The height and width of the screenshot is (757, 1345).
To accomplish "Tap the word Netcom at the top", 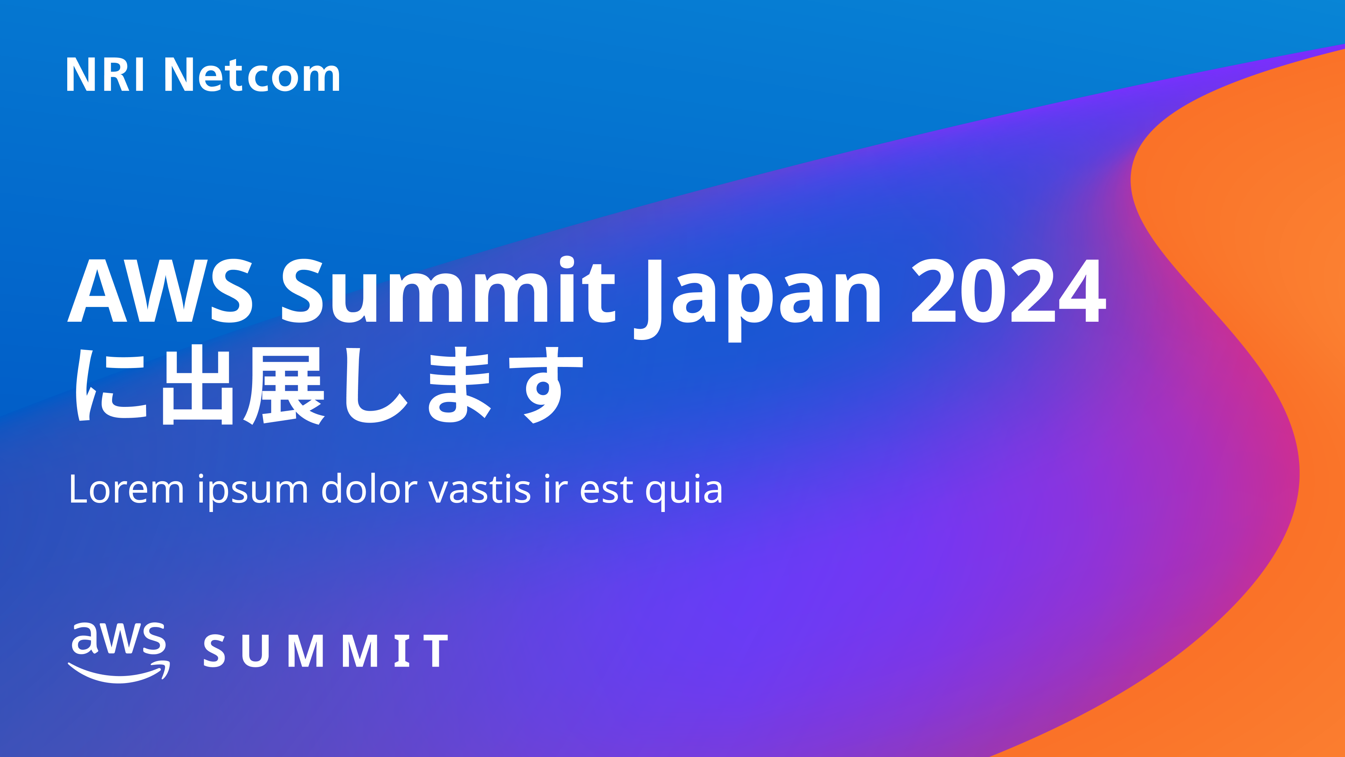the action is [x=252, y=75].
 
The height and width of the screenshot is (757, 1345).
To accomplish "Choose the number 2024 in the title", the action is [x=1009, y=291].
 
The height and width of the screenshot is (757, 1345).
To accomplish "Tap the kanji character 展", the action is [x=284, y=386].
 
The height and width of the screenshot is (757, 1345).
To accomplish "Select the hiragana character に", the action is [x=111, y=385].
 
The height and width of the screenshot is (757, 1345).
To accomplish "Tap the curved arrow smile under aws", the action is [x=119, y=673].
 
